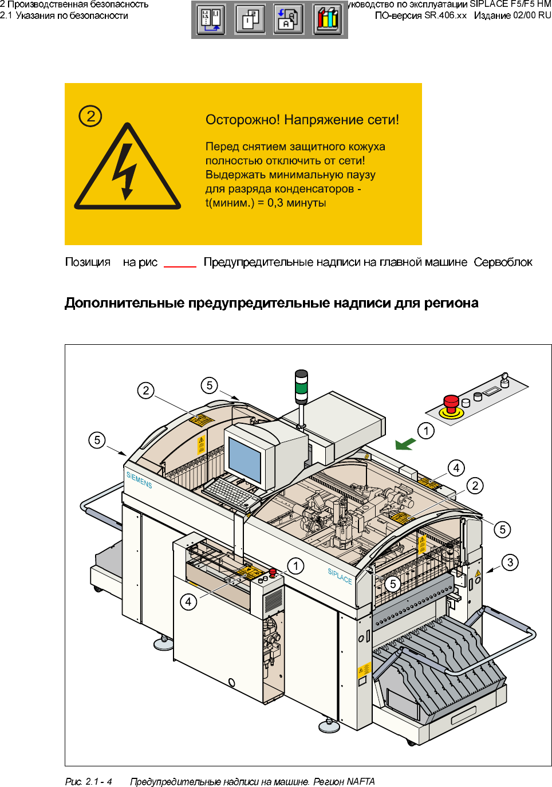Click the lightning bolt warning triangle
(127, 169)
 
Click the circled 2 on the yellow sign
(90, 116)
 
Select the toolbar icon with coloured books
(328, 19)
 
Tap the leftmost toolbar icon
(211, 19)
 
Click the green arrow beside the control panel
(405, 444)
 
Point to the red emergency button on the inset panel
(451, 403)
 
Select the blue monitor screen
(245, 458)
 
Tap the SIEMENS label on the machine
(139, 480)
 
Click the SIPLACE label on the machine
(340, 576)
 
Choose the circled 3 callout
(510, 562)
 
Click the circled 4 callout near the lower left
(188, 602)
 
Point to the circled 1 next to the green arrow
(426, 431)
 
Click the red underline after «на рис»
(180, 266)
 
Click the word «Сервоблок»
(503, 262)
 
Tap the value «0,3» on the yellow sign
(275, 203)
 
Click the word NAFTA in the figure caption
(361, 781)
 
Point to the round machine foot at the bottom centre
(329, 727)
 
